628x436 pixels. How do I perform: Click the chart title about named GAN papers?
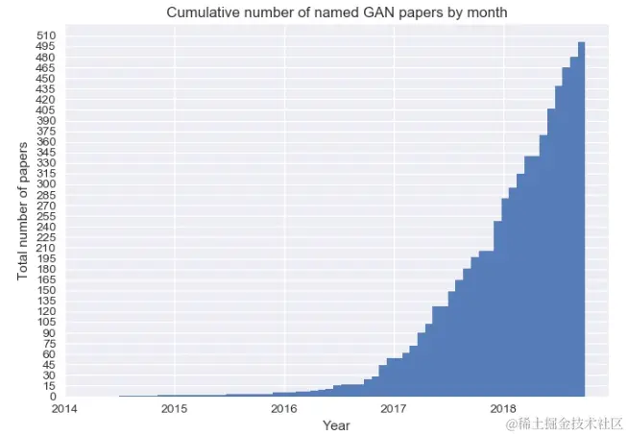click(337, 12)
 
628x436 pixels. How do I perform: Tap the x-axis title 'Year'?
click(336, 424)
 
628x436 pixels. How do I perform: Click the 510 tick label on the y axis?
click(47, 36)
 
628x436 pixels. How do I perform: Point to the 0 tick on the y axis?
click(54, 397)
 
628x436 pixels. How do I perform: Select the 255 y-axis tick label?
click(47, 216)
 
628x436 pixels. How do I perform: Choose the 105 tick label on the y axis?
click(47, 323)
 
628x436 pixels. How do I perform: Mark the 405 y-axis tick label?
click(47, 110)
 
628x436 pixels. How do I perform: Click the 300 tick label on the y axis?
click(47, 184)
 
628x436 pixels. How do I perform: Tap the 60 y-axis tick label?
click(50, 354)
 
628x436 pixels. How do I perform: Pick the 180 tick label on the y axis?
click(47, 270)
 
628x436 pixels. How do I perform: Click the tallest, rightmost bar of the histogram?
click(581, 221)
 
